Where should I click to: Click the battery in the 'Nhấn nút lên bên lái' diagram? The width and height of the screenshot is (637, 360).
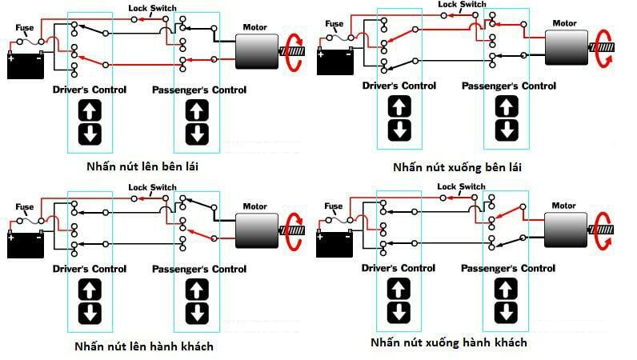(26, 65)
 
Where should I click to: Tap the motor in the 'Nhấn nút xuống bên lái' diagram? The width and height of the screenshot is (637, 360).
(567, 47)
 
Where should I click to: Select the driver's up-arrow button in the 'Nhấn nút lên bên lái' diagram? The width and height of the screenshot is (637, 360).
(90, 110)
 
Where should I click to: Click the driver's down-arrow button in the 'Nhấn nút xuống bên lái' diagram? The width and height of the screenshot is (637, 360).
(399, 130)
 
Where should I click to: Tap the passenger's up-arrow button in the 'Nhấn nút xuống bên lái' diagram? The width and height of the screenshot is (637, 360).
(507, 106)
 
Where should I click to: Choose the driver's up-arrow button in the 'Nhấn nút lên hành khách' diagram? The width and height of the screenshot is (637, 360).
(90, 290)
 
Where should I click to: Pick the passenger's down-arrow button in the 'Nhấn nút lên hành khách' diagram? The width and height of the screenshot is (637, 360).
(197, 314)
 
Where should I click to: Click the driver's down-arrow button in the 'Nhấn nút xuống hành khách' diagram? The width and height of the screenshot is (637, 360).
(399, 313)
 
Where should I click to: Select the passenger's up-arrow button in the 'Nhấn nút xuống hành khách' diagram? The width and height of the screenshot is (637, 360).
(506, 289)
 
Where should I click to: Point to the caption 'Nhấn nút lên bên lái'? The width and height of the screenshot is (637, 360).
(142, 166)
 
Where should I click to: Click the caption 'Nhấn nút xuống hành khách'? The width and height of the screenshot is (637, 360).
(449, 342)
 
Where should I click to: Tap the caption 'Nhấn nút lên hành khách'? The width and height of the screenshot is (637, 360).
(144, 346)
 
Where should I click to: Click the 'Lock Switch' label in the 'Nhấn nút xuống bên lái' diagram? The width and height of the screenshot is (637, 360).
(462, 5)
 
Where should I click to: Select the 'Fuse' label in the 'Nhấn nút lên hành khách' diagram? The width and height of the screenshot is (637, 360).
(24, 207)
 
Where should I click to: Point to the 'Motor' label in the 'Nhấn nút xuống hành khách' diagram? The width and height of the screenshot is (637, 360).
(563, 206)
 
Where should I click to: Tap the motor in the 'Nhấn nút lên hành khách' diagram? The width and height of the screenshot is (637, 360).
(257, 230)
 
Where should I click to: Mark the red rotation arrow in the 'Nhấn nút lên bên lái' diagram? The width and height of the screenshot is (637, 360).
(294, 52)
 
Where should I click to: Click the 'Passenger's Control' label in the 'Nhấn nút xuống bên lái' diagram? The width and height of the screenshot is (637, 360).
(509, 86)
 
